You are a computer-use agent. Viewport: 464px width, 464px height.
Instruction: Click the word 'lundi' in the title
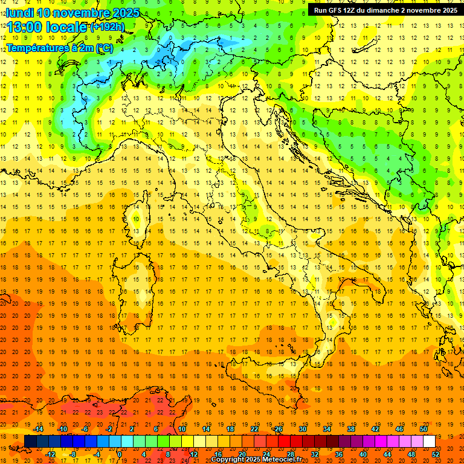click(19, 13)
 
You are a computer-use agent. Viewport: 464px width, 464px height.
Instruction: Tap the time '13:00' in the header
click(24, 27)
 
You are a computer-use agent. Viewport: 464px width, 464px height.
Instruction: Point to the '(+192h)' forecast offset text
click(107, 27)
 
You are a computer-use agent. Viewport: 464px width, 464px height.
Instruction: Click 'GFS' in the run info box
click(337, 10)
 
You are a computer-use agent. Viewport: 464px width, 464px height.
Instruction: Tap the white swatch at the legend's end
click(429, 441)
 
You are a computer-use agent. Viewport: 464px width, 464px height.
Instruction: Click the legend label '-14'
click(39, 429)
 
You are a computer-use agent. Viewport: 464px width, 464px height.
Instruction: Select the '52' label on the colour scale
click(436, 454)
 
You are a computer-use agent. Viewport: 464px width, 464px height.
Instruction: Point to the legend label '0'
click(120, 454)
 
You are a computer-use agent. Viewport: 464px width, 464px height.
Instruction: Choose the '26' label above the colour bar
click(278, 429)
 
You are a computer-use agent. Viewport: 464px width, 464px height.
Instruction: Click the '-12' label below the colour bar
click(51, 454)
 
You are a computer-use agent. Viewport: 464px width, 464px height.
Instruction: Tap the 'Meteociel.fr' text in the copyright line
click(283, 460)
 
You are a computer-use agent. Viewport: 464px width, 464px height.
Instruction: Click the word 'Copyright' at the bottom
click(229, 460)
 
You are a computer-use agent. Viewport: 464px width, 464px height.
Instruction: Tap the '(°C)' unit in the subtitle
click(104, 48)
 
